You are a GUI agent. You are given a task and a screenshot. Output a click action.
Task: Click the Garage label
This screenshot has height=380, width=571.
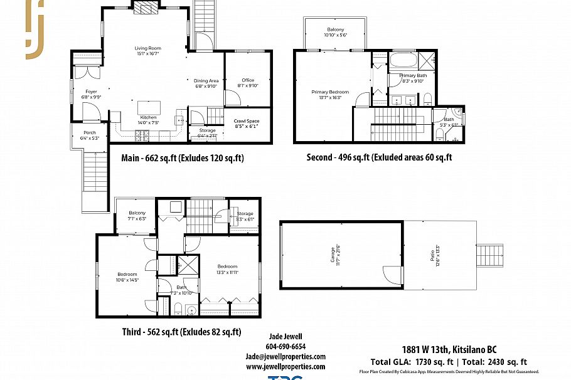337,255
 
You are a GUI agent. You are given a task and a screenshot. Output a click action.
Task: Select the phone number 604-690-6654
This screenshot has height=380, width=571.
285,346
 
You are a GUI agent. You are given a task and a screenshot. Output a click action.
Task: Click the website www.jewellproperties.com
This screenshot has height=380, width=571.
285,366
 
